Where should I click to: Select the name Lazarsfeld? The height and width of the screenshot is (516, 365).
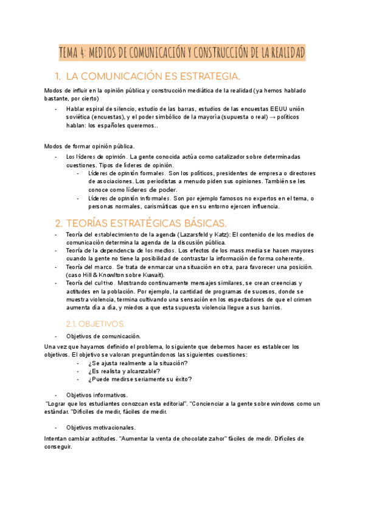pos(196,234)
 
